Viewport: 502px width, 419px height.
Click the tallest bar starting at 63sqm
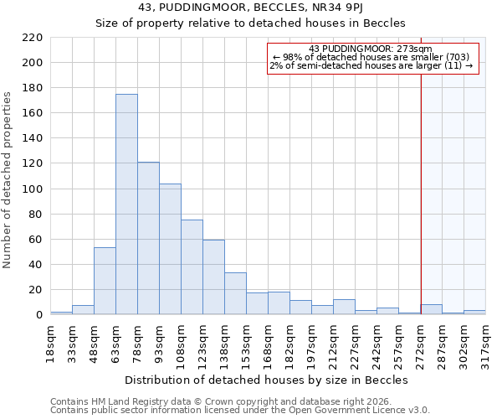[x=126, y=204]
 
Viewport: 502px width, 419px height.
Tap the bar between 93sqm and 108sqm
[x=170, y=250]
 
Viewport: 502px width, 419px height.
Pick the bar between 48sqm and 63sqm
[x=105, y=282]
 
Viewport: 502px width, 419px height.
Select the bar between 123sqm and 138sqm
[x=213, y=277]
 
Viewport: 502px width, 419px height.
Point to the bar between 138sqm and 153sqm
[x=235, y=294]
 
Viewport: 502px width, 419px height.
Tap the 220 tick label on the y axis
[x=32, y=38]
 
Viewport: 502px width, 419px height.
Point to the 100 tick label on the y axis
[x=32, y=189]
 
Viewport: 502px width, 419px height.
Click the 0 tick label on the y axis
[x=38, y=315]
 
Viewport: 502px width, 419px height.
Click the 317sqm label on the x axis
[x=485, y=340]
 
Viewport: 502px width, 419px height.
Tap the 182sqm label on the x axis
[x=289, y=340]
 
